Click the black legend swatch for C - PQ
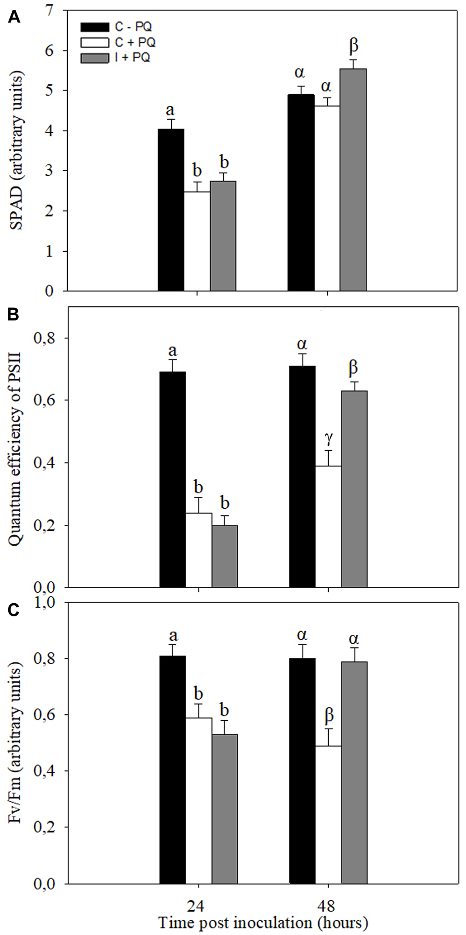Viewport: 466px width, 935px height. [95, 27]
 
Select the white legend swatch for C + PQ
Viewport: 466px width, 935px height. [95, 42]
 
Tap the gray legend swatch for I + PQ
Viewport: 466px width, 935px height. [95, 58]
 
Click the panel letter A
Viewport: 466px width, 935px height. [14, 17]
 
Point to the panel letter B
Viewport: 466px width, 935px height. [14, 315]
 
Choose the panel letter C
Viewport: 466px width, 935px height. [14, 611]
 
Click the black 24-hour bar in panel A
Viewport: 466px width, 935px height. [171, 210]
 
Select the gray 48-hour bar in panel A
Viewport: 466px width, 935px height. [353, 180]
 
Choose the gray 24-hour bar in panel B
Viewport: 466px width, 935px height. [225, 557]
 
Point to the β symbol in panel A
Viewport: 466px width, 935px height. [353, 46]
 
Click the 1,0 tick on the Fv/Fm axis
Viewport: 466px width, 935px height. [44, 603]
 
